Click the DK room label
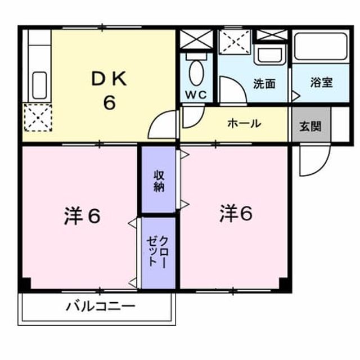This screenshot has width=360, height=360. point(109,79)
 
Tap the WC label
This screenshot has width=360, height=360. point(196,94)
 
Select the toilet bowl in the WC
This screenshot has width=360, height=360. point(196,73)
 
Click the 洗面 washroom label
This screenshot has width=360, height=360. point(264,84)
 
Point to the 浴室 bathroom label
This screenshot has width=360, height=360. point(321,83)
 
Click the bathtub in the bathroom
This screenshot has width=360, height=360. point(321,46)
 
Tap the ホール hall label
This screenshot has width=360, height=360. point(244,124)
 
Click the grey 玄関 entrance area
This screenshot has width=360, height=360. point(311,124)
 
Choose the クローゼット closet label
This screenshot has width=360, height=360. point(158,251)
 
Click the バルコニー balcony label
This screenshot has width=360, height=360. point(100,306)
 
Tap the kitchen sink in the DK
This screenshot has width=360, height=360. point(39,85)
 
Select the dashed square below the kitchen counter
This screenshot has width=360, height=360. point(38,118)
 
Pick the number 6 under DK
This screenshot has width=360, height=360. point(109,102)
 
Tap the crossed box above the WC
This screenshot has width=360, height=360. point(196,39)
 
